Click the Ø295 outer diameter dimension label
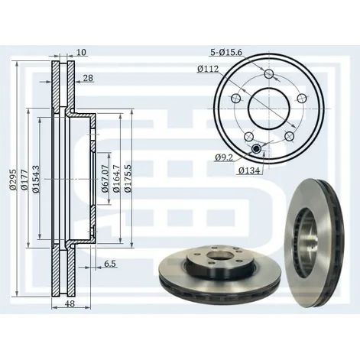13,180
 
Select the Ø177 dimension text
24,180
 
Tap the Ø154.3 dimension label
36,179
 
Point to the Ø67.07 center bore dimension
105,178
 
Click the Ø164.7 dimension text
116,178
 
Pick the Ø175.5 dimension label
128,178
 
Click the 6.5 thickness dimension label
110,264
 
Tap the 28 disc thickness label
88,78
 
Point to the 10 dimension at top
82,52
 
